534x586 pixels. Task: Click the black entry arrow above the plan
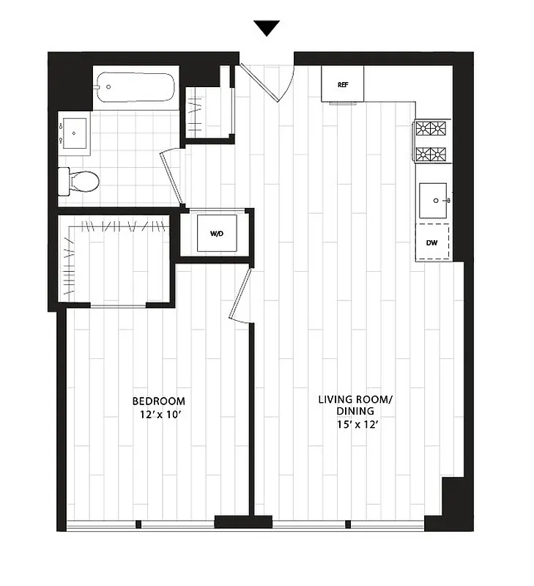click(x=267, y=29)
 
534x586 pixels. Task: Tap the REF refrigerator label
click(x=342, y=85)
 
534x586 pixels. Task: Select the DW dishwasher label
click(x=431, y=242)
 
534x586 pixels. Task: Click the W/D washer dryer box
click(x=217, y=234)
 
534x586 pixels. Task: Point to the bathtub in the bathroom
click(x=136, y=88)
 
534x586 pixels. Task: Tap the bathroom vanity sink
click(x=73, y=132)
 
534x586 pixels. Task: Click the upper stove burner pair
click(x=431, y=130)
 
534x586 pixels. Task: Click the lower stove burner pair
click(x=431, y=155)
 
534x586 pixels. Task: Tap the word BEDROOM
click(x=158, y=401)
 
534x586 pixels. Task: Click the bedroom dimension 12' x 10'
click(x=158, y=415)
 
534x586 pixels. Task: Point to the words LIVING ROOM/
click(x=356, y=399)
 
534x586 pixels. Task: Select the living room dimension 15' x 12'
click(x=356, y=425)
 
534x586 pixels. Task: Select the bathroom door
click(x=174, y=177)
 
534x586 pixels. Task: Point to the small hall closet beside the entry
click(x=207, y=112)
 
